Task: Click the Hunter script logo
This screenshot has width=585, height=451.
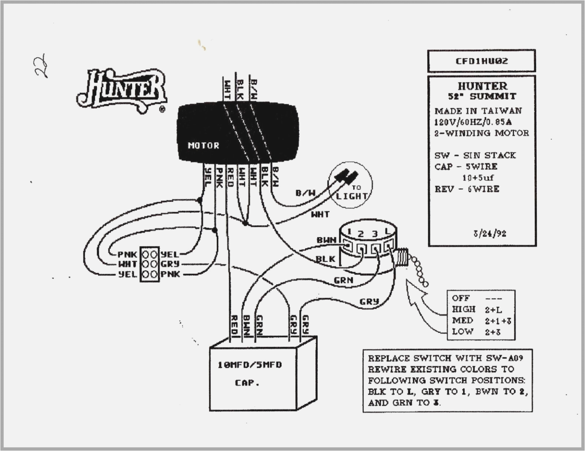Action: click(x=122, y=90)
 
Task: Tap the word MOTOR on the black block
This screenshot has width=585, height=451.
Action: click(x=203, y=146)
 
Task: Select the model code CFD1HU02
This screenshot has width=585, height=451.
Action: click(x=481, y=61)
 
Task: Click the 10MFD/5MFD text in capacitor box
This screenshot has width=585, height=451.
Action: click(x=250, y=365)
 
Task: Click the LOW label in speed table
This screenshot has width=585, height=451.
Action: click(x=462, y=332)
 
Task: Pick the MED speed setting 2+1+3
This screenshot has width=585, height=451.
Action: click(x=498, y=321)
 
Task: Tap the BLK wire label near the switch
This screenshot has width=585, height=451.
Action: click(x=325, y=259)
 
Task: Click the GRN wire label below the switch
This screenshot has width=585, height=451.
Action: click(x=343, y=280)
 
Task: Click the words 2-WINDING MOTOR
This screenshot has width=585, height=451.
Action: click(x=481, y=133)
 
